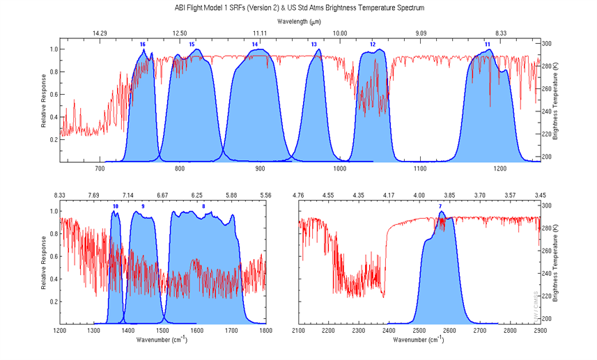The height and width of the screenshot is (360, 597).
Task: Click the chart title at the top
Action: (299, 8)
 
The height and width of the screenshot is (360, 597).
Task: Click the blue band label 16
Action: (142, 45)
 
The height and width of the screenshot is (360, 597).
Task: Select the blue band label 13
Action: (313, 45)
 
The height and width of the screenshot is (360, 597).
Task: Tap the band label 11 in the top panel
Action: (488, 45)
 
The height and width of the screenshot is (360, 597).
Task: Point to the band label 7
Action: (440, 206)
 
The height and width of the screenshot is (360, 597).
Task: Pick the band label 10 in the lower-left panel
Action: (115, 206)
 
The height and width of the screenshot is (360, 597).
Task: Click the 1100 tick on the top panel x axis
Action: (420, 169)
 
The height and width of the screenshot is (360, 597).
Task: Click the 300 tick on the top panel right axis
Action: (547, 43)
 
